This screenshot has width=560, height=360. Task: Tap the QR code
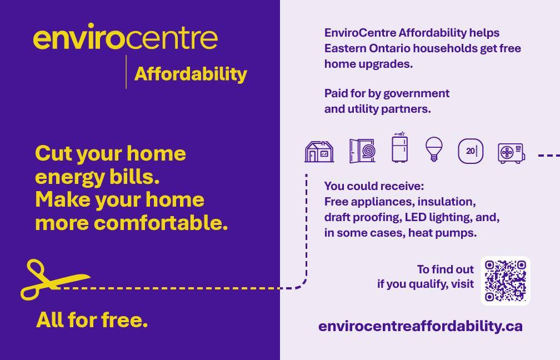[x=506, y=281]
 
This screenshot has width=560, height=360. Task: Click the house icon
[x=319, y=152]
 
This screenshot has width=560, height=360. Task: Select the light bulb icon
[x=434, y=149]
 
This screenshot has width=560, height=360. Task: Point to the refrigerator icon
[x=400, y=147]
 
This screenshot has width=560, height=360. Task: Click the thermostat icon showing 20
[x=471, y=151]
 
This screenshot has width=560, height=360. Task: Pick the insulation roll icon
[x=362, y=151]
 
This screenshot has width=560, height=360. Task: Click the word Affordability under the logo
[x=191, y=74]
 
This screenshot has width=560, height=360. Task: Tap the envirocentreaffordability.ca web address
[x=421, y=326]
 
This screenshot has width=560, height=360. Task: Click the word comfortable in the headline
[x=161, y=223]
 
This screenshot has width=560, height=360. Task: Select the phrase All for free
[x=92, y=319]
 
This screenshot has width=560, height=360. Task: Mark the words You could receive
[x=374, y=186]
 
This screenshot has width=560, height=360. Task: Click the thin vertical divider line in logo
[x=126, y=72]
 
